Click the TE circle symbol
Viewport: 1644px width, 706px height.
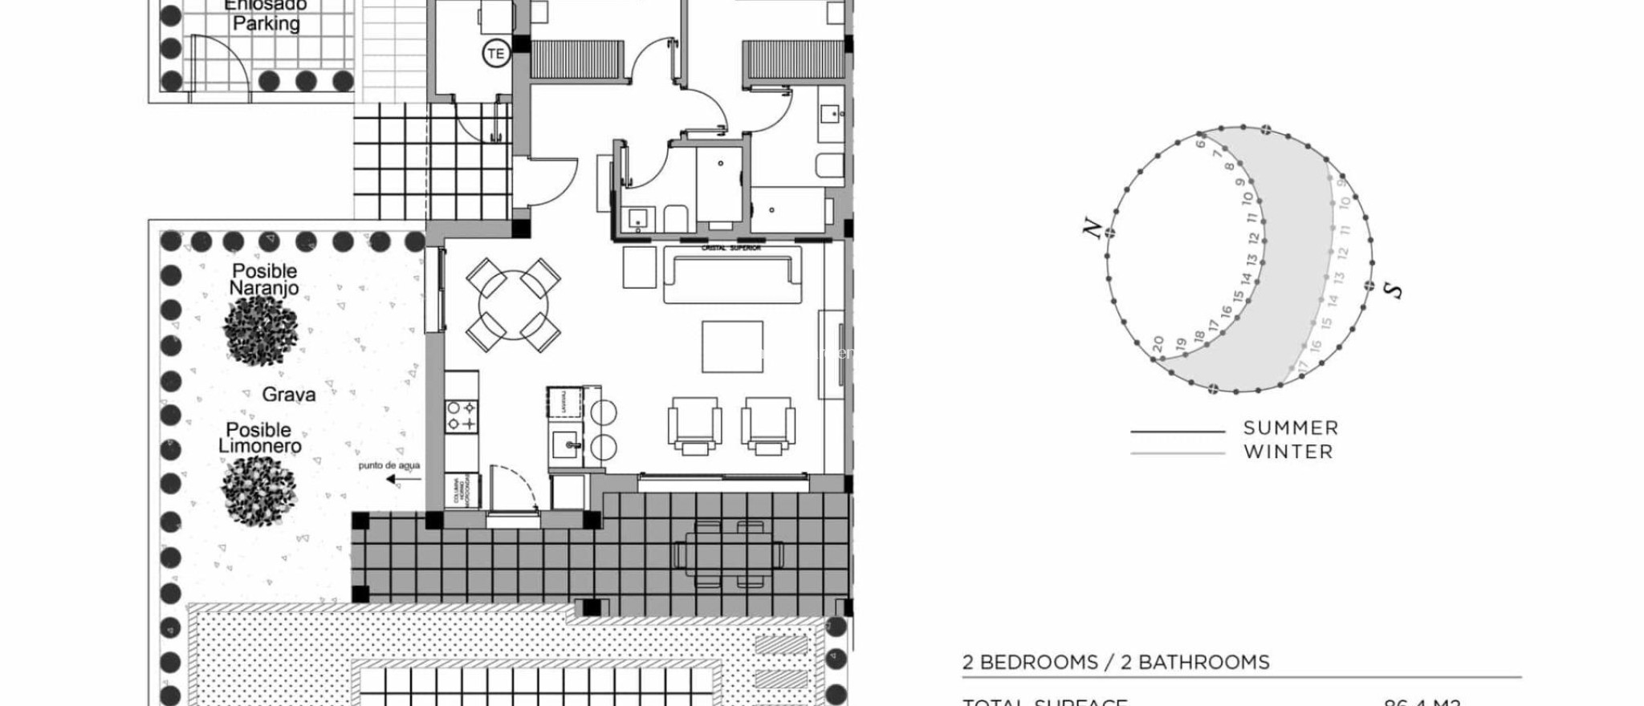coord(496,54)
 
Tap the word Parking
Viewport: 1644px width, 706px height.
coord(266,23)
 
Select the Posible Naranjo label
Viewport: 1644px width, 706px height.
coord(264,279)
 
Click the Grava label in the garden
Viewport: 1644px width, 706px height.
coord(289,395)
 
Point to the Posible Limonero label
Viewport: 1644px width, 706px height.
coord(259,438)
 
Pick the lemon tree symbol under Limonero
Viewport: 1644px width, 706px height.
coord(258,489)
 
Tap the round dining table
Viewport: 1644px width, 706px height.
coord(514,305)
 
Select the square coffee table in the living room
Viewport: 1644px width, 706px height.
coord(732,347)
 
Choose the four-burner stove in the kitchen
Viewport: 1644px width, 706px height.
coord(462,416)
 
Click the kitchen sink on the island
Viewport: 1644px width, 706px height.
coord(570,444)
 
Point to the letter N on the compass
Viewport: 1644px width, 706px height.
coord(1092,228)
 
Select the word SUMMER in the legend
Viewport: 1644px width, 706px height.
coord(1291,428)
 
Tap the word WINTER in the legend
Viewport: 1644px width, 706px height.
coord(1288,452)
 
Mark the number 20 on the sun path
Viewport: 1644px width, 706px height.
coord(1158,343)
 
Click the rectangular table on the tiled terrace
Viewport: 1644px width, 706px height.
coord(729,554)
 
